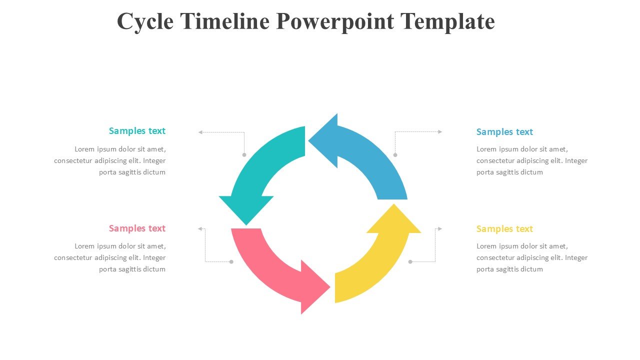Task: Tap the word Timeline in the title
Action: click(x=225, y=21)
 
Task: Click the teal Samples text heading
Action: click(x=137, y=131)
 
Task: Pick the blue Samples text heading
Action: click(x=504, y=132)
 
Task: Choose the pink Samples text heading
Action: click(x=137, y=228)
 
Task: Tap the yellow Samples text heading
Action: click(x=504, y=229)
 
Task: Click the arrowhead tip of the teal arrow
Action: click(x=246, y=225)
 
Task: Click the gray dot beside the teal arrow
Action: click(x=244, y=155)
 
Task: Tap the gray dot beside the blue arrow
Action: click(x=395, y=155)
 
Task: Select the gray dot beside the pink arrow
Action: click(x=231, y=261)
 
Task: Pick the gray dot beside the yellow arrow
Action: click(x=410, y=261)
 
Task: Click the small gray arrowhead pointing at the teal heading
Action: click(x=200, y=132)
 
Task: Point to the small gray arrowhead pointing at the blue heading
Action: click(x=440, y=131)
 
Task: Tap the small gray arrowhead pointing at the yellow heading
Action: click(x=440, y=229)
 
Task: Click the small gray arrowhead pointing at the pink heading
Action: click(x=200, y=229)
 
